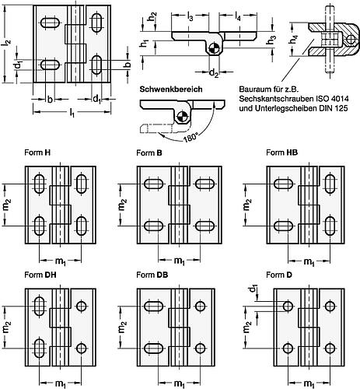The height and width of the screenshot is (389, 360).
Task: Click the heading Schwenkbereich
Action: pyautogui.click(x=171, y=89)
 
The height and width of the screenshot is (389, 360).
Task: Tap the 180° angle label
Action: pyautogui.click(x=190, y=138)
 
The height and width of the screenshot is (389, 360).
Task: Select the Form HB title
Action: pyautogui.click(x=281, y=152)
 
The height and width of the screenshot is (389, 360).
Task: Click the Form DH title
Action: pyautogui.click(x=40, y=275)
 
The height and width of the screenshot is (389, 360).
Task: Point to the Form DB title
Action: pyautogui.click(x=152, y=275)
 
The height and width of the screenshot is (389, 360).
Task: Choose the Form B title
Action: pyautogui.click(x=149, y=152)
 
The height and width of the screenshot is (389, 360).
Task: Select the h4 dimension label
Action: pyautogui.click(x=294, y=40)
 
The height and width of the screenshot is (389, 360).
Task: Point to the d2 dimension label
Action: pyautogui.click(x=214, y=73)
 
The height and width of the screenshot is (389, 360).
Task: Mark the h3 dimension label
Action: pyautogui.click(x=272, y=40)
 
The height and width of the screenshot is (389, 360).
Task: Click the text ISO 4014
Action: pyautogui.click(x=332, y=99)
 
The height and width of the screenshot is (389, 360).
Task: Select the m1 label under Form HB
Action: pyautogui.click(x=309, y=261)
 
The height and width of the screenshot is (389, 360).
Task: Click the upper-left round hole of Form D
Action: pyautogui.click(x=288, y=307)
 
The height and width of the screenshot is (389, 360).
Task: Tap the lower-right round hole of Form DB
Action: pyautogui.click(x=200, y=348)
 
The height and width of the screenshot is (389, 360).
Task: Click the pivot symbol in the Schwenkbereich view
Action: pyautogui.click(x=180, y=116)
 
